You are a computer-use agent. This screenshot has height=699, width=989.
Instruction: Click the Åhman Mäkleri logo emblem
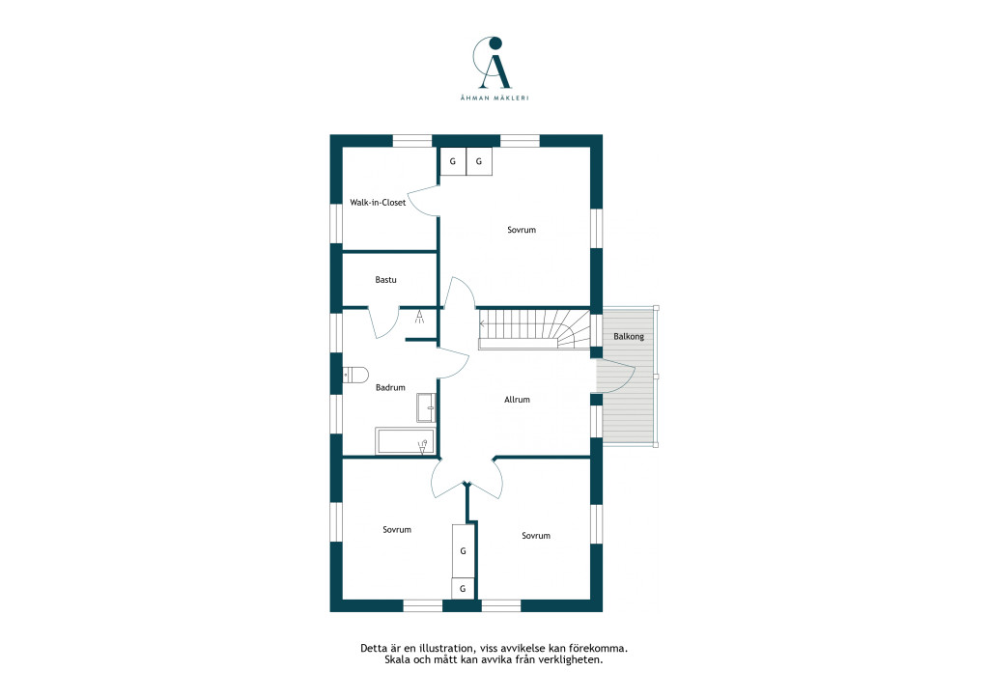tap(493, 63)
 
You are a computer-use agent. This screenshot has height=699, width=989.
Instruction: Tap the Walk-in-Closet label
tap(378, 203)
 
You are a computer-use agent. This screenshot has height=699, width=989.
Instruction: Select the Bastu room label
tap(385, 279)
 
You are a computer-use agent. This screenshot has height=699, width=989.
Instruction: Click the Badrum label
tap(390, 387)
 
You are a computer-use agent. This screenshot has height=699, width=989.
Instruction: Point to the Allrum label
tap(518, 399)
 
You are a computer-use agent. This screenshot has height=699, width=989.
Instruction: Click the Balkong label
tap(629, 337)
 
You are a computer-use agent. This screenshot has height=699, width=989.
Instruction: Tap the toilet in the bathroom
tap(355, 375)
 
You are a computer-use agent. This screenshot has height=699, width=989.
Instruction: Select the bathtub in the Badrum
tap(405, 441)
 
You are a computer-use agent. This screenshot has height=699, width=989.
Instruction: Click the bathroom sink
tap(426, 407)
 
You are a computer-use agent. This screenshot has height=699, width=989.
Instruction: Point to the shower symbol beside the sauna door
tap(420, 317)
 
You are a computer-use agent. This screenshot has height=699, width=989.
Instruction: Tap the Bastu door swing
tap(382, 322)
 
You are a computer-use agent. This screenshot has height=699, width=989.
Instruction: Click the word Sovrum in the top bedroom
tap(522, 230)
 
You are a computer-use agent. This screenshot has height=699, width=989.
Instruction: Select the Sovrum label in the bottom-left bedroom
tap(397, 529)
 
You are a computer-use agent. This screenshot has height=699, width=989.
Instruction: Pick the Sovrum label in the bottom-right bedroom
tap(536, 536)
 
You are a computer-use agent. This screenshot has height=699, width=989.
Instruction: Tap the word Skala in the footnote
tap(397, 660)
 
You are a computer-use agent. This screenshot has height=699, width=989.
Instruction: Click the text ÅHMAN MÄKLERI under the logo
tap(494, 98)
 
